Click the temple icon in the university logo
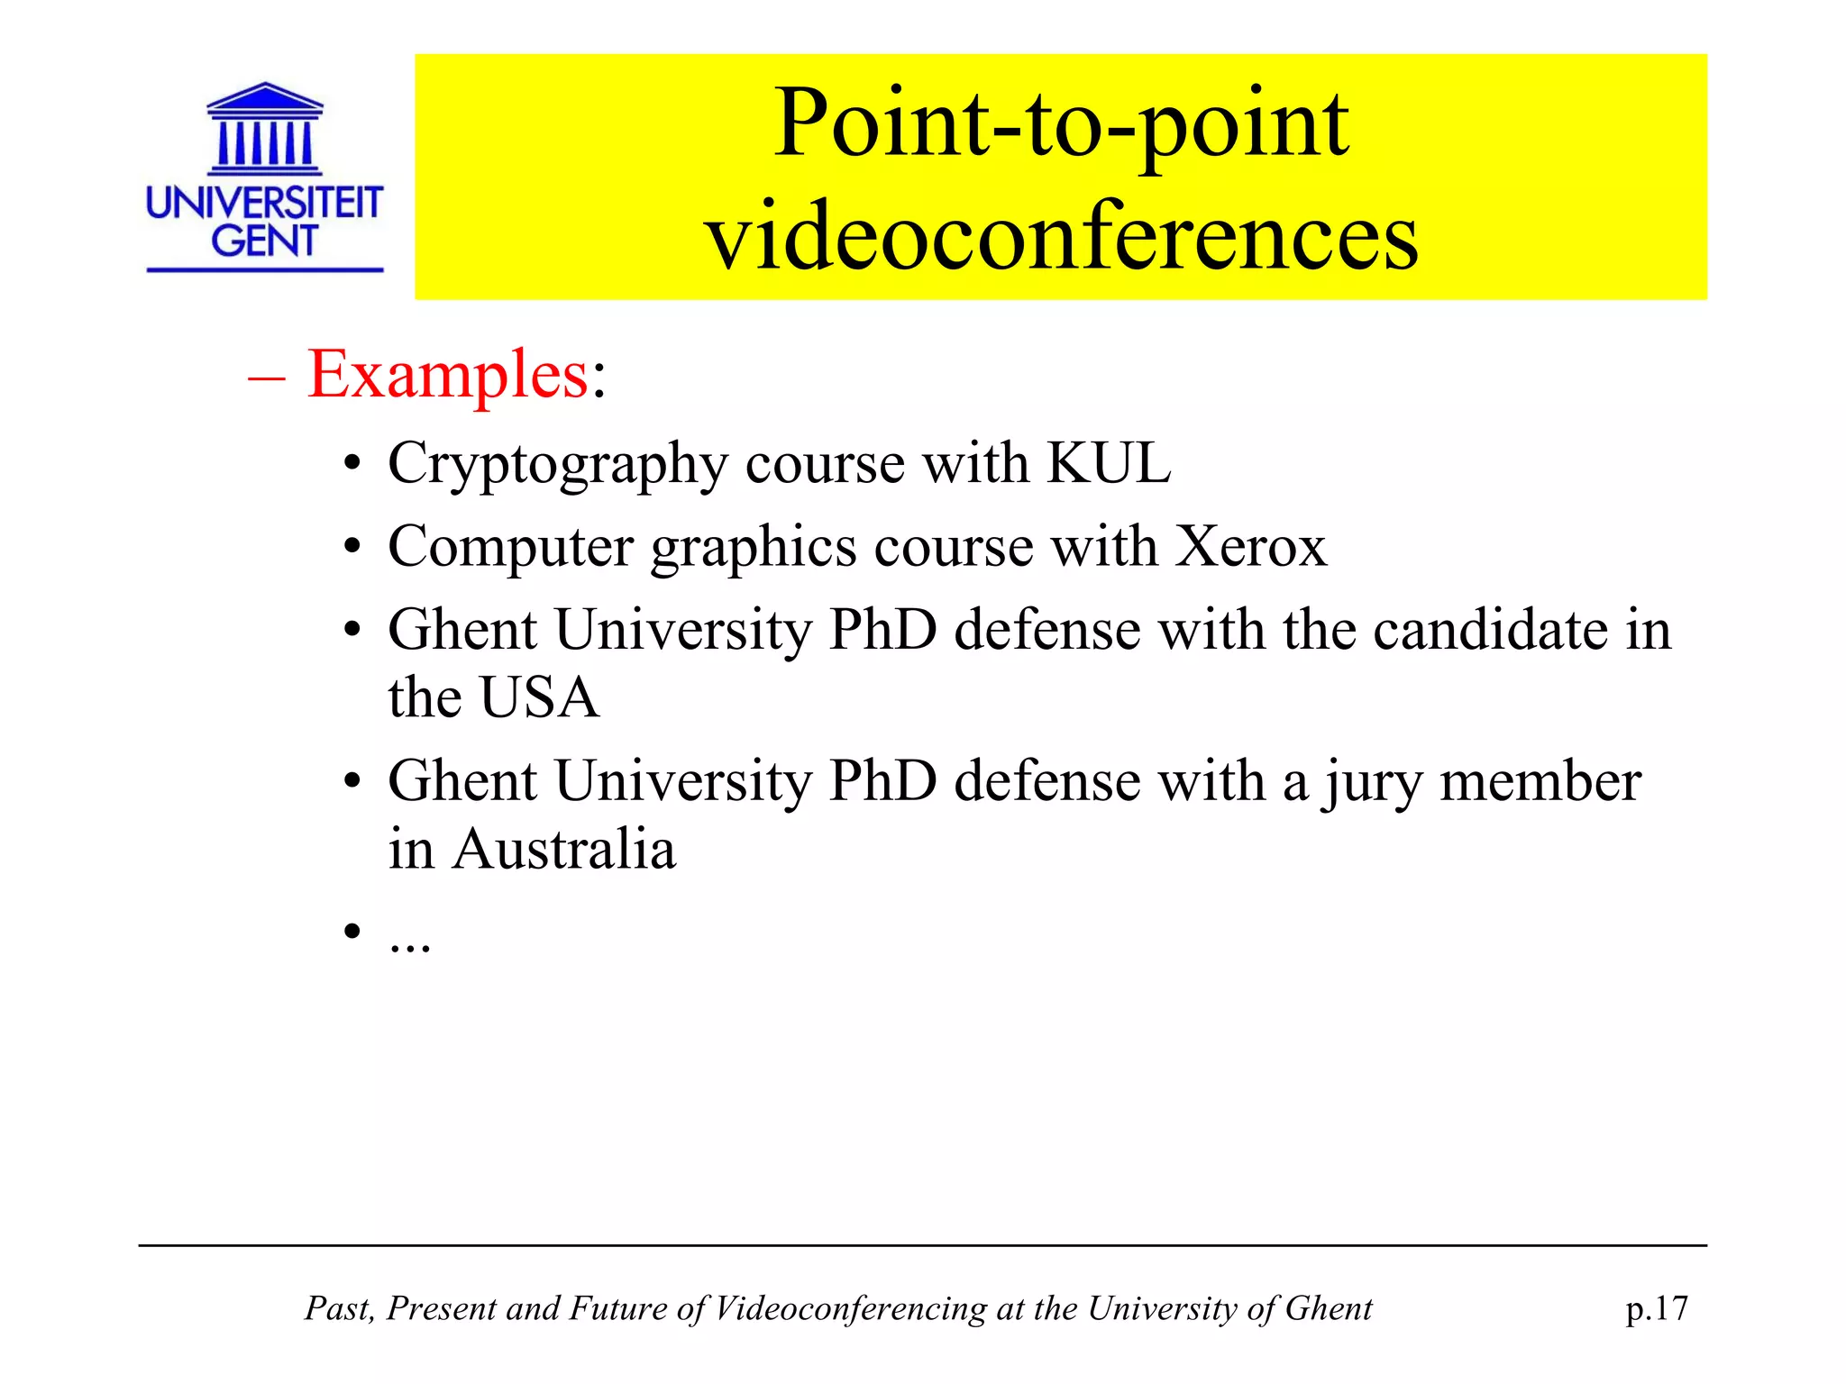[x=264, y=129]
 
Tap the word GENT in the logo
[x=264, y=241]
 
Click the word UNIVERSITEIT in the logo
[x=264, y=203]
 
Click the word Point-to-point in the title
[x=1061, y=124]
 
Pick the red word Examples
[x=448, y=374]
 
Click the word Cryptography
[x=557, y=465]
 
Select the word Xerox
[x=1251, y=546]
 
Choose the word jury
[x=1373, y=782]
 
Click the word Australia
[x=564, y=849]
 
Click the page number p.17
[x=1657, y=1308]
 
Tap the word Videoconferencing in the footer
[x=850, y=1308]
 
